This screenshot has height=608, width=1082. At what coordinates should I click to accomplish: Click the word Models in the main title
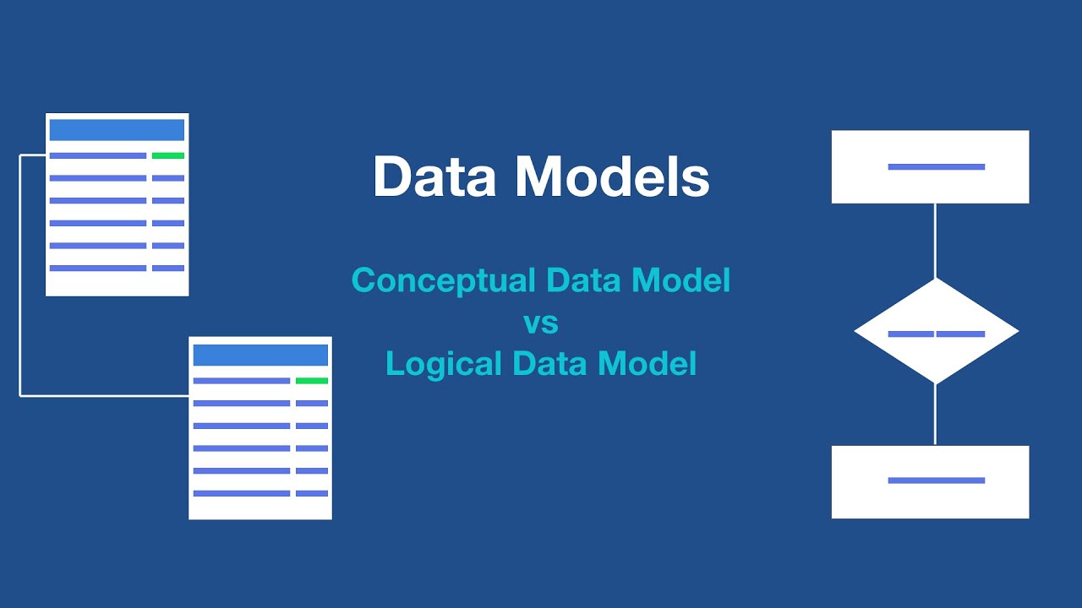(x=612, y=177)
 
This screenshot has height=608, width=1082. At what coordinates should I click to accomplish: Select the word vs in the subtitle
(x=541, y=323)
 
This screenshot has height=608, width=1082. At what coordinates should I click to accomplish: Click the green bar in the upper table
(x=168, y=155)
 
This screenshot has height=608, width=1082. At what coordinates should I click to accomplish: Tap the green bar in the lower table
(x=312, y=381)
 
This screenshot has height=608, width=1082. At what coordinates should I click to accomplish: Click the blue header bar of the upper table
(x=117, y=130)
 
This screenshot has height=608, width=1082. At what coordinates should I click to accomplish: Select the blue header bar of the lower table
(x=260, y=355)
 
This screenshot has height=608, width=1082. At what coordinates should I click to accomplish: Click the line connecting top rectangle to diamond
(x=935, y=241)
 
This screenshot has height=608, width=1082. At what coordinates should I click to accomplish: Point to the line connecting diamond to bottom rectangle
(x=935, y=414)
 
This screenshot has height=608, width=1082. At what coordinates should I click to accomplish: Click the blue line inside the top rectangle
(x=936, y=167)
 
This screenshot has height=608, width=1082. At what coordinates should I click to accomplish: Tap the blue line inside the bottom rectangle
(x=936, y=480)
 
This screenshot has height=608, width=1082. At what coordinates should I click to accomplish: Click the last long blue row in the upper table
(x=98, y=268)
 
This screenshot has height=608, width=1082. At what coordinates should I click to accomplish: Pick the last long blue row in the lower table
(x=242, y=493)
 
